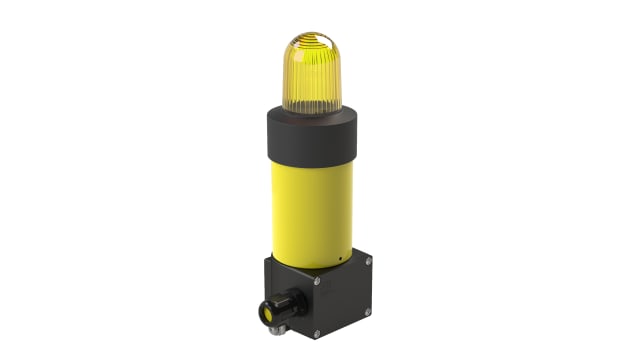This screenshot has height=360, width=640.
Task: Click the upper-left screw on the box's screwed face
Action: pos(316,281)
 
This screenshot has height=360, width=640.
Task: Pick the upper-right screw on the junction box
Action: pos(368,262)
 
